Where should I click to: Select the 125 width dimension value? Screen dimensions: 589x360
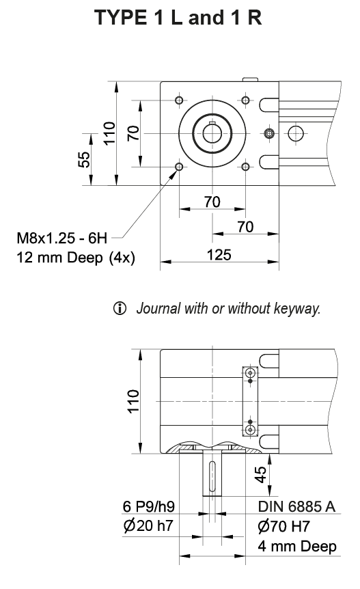(219, 255)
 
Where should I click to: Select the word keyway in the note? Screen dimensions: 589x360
(298, 309)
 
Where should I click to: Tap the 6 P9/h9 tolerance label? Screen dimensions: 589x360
(149, 506)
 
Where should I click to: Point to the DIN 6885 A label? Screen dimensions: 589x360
(297, 506)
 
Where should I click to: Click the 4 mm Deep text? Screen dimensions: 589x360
(297, 547)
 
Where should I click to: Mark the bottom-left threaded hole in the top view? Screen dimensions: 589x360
(179, 167)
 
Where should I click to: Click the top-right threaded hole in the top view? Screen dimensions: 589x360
(245, 101)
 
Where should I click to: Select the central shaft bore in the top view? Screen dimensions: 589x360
(212, 133)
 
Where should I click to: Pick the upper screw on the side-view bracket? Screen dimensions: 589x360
(251, 374)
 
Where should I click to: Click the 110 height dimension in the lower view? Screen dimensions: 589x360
(134, 401)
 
